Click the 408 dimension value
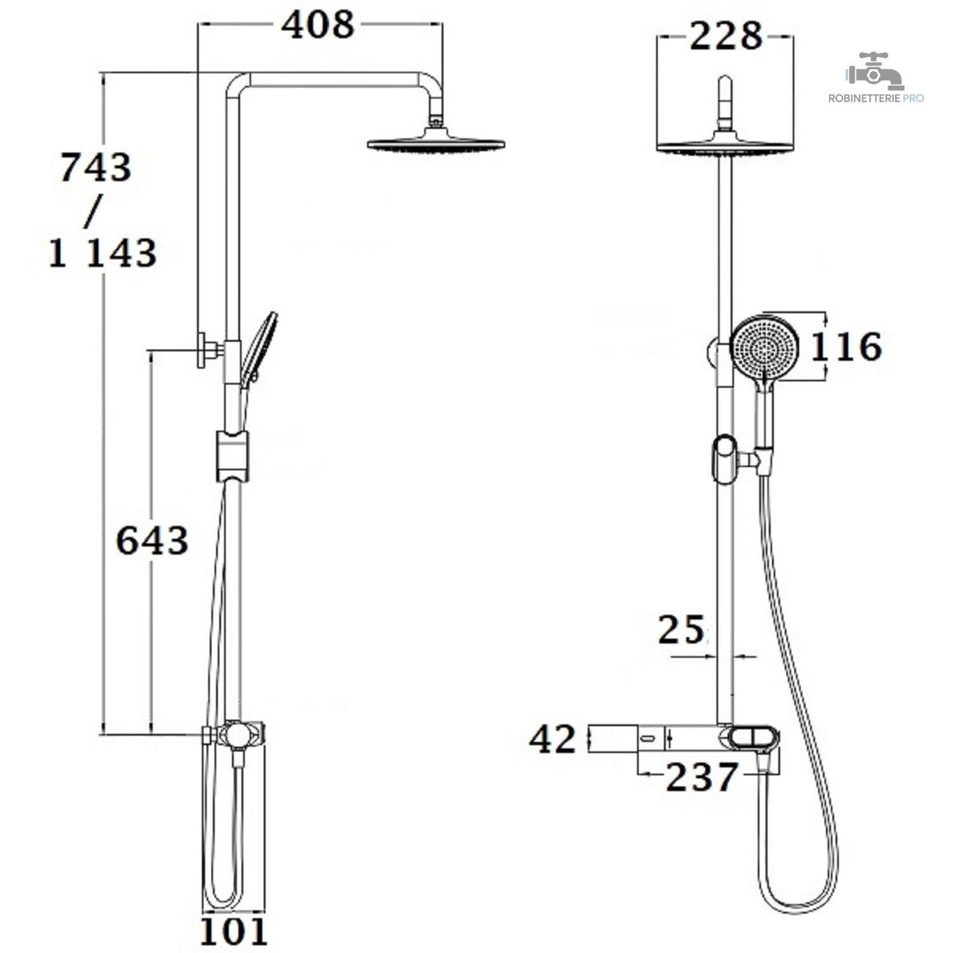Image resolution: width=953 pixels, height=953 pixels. click(318, 25)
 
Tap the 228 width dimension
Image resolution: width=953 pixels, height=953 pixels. click(726, 36)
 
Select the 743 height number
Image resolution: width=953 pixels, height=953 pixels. click(96, 168)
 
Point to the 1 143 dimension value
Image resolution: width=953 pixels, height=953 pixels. click(103, 253)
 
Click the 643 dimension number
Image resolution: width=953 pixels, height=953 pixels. click(152, 541)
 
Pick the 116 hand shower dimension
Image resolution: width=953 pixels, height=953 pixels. click(846, 347)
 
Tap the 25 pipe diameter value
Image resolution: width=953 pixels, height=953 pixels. click(681, 630)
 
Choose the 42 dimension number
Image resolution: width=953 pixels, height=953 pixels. click(553, 740)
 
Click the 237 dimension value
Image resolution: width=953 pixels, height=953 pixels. click(702, 776)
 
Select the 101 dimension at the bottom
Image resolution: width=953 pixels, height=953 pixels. click(233, 932)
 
